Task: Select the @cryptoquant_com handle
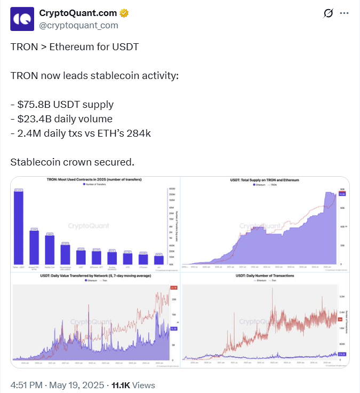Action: (x=79, y=25)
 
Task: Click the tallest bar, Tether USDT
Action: (x=19, y=227)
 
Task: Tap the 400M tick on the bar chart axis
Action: (x=172, y=190)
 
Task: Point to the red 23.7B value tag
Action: (x=173, y=288)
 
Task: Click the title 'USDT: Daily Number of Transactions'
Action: (x=265, y=276)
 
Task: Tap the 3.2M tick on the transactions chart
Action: (x=342, y=295)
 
